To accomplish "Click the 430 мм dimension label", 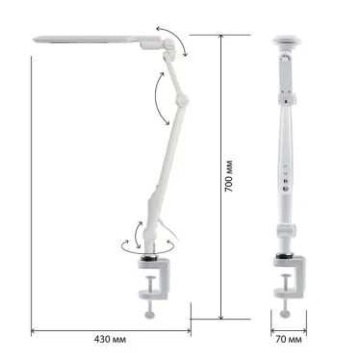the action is (x=110, y=339).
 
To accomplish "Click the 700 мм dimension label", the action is (x=229, y=176).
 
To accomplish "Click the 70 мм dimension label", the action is (x=289, y=339).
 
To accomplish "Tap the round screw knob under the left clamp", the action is (x=149, y=315).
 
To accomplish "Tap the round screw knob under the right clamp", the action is (x=285, y=314).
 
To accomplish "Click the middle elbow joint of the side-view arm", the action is (x=182, y=100).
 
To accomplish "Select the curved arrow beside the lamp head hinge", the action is (x=172, y=39).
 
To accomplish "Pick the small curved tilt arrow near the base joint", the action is (x=137, y=234).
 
